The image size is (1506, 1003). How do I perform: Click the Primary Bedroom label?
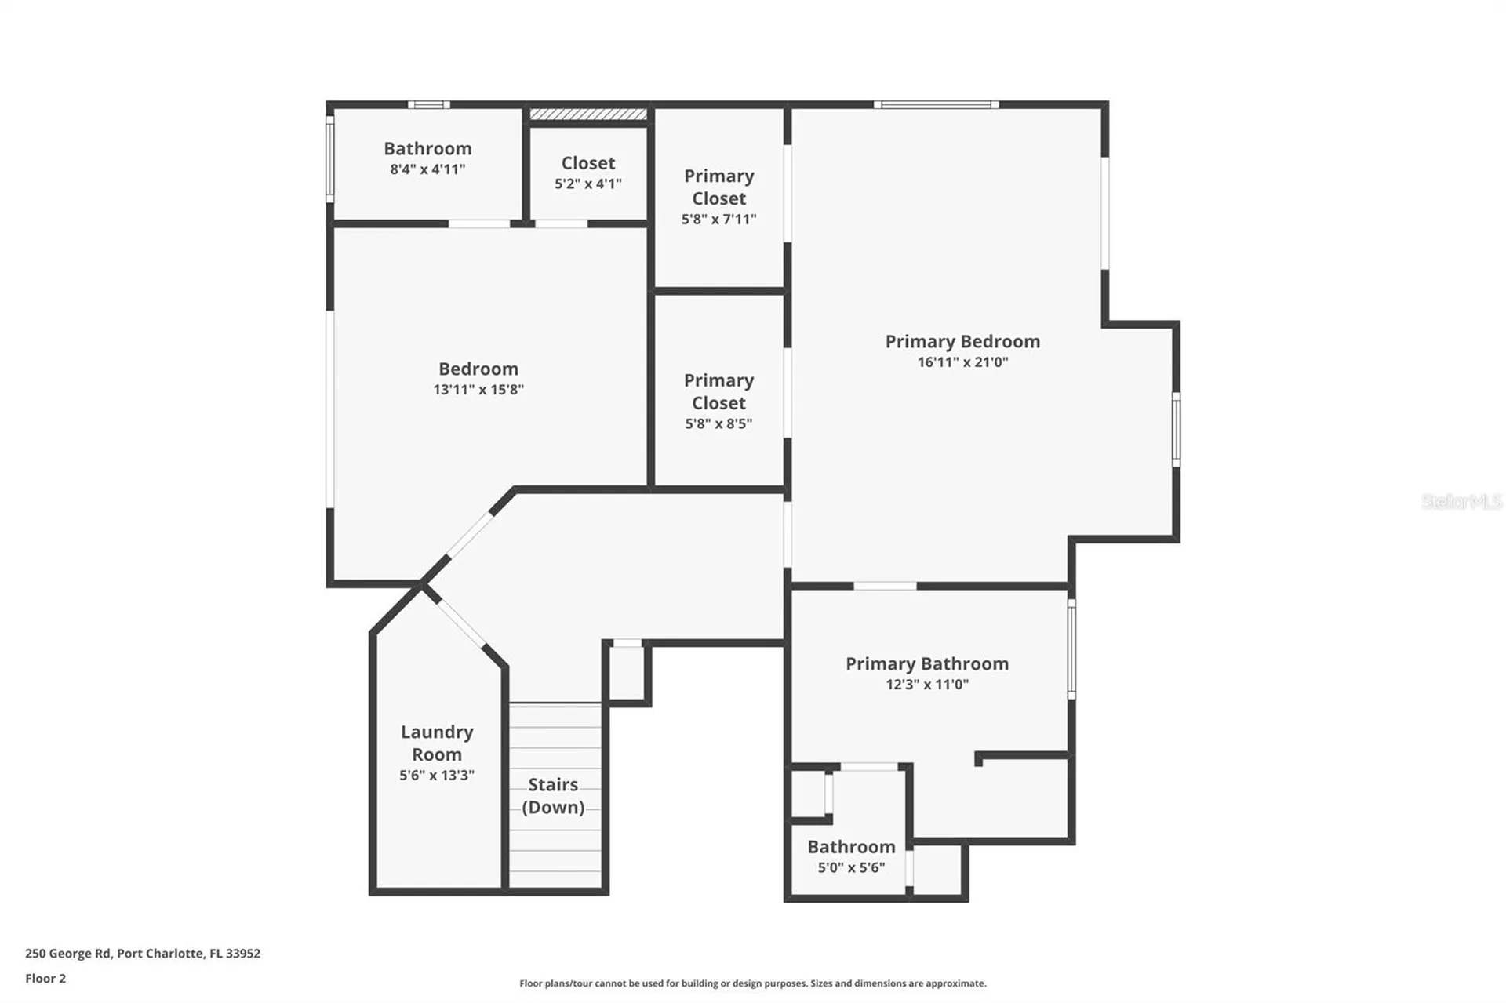(x=962, y=342)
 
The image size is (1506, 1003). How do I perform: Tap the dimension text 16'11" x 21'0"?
(x=962, y=362)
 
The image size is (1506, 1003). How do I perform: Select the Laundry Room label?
(x=437, y=743)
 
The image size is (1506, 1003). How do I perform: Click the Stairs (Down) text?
(x=553, y=795)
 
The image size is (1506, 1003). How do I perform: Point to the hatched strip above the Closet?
(x=588, y=114)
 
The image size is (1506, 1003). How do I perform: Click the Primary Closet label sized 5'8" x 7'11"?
(x=718, y=187)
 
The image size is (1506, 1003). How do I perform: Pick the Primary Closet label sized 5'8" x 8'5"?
(x=718, y=391)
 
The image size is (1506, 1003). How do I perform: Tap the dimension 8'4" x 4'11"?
(x=427, y=169)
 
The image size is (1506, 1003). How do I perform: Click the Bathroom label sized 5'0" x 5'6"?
(x=851, y=847)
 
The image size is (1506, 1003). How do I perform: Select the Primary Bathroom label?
(x=926, y=664)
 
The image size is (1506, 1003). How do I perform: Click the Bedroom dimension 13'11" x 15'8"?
(x=478, y=390)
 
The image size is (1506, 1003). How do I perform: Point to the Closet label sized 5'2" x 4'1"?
(x=587, y=163)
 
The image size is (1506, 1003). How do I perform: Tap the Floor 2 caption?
(x=45, y=979)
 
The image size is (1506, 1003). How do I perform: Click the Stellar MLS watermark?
(x=1461, y=501)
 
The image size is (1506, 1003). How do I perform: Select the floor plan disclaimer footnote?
(x=752, y=983)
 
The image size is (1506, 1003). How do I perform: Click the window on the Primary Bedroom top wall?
(x=936, y=104)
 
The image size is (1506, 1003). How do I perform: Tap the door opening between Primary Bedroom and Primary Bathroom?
(x=885, y=586)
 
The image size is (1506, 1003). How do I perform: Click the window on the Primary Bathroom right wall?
(x=1071, y=649)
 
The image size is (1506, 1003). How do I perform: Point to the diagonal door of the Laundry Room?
(x=461, y=623)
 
